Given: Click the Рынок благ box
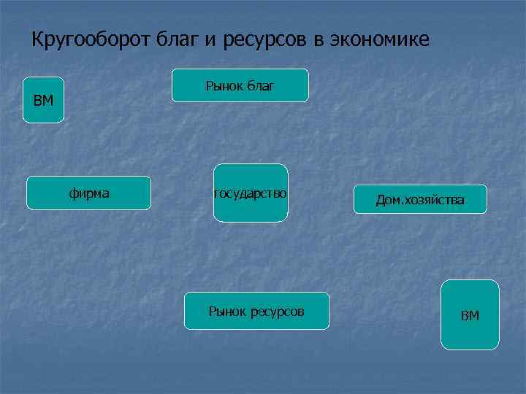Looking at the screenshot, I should pos(240,85).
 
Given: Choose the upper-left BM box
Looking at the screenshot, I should pos(43,100).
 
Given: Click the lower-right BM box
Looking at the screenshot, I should pos(470,314).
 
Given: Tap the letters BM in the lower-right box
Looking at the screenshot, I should pos(470,316).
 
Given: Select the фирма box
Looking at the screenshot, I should pos(88,193).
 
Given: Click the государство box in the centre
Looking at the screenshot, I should pos(251,193).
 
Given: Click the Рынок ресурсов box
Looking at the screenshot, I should pos(256,311).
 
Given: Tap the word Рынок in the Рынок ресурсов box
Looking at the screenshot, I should pos(226,312).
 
